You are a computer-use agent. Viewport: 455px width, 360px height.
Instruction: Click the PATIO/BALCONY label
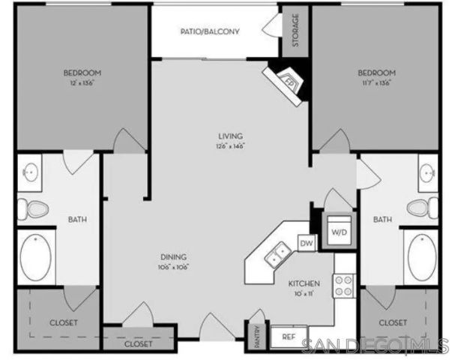tap(210, 31)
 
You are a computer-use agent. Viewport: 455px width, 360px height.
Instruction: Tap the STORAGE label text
tap(295, 29)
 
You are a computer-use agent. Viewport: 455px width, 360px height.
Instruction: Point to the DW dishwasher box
tap(306, 243)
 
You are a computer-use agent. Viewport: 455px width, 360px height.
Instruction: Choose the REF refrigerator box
tap(288, 337)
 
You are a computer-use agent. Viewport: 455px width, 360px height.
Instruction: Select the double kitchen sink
tap(278, 254)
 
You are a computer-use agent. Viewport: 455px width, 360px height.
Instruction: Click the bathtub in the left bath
tap(35, 257)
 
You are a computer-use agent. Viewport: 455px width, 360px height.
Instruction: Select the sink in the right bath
tap(425, 170)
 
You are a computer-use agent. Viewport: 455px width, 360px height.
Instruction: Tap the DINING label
tap(172, 256)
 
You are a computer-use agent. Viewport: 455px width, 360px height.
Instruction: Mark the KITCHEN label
tap(305, 283)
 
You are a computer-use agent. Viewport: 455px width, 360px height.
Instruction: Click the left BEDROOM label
tap(82, 73)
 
